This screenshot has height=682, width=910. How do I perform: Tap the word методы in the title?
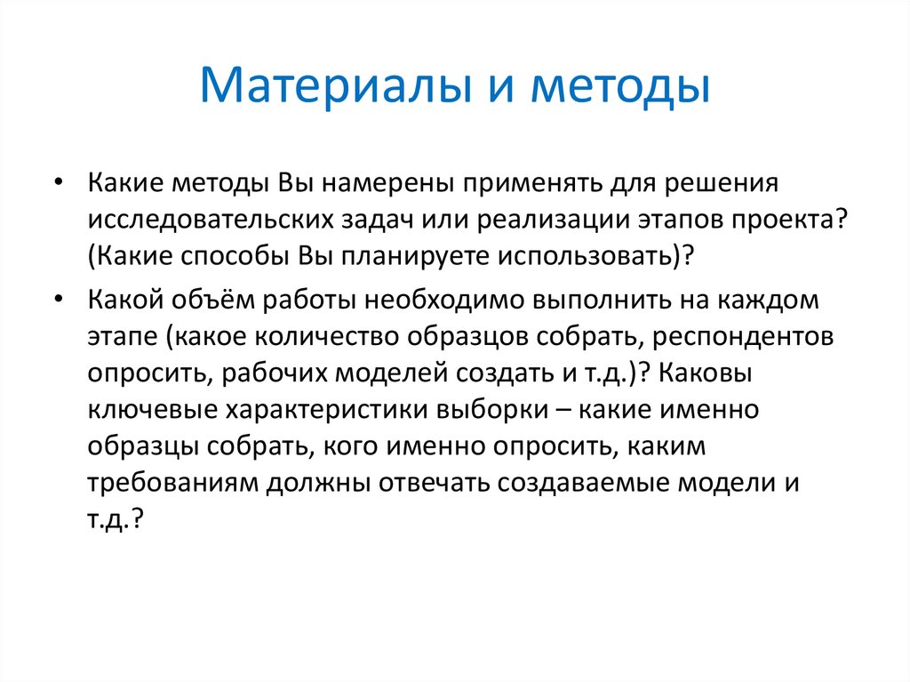pos(620,86)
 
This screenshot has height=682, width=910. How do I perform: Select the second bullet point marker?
pos(58,300)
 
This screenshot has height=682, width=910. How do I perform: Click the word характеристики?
pos(326,414)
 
